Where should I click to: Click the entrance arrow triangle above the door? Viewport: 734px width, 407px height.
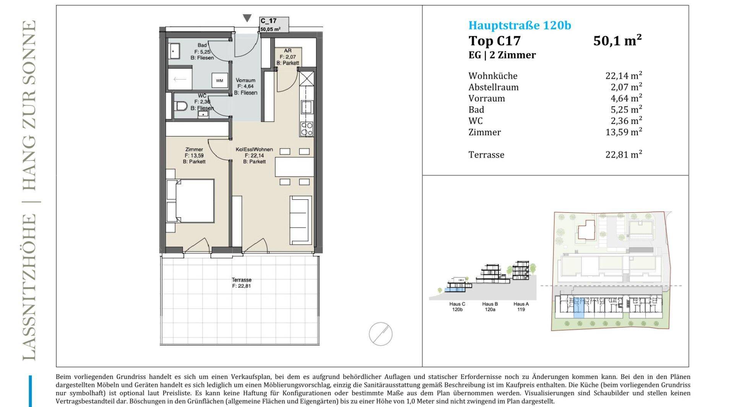pyautogui.click(x=247, y=18)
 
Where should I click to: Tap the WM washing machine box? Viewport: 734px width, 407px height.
pyautogui.click(x=219, y=81)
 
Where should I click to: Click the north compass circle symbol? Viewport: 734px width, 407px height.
pyautogui.click(x=380, y=334)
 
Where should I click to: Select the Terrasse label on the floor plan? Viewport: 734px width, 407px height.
pyautogui.click(x=242, y=280)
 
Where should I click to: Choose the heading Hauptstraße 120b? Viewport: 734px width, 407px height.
pyautogui.click(x=520, y=25)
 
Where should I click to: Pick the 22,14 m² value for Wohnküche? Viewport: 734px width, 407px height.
pyautogui.click(x=624, y=75)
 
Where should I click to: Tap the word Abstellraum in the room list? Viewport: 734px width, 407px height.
pyautogui.click(x=494, y=87)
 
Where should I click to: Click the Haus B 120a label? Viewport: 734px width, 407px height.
pyautogui.click(x=490, y=307)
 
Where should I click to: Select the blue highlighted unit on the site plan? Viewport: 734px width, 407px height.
pyautogui.click(x=579, y=308)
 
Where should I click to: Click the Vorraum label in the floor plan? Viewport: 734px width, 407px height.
pyautogui.click(x=245, y=80)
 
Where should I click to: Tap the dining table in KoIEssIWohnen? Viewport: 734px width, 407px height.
pyautogui.click(x=294, y=167)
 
